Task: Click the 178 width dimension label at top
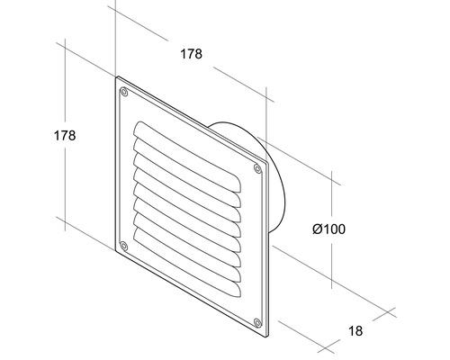[190, 54]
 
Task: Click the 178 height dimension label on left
[63, 135]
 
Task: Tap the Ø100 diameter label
[328, 229]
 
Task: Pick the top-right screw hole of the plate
[258, 167]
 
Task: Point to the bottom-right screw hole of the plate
[257, 322]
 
